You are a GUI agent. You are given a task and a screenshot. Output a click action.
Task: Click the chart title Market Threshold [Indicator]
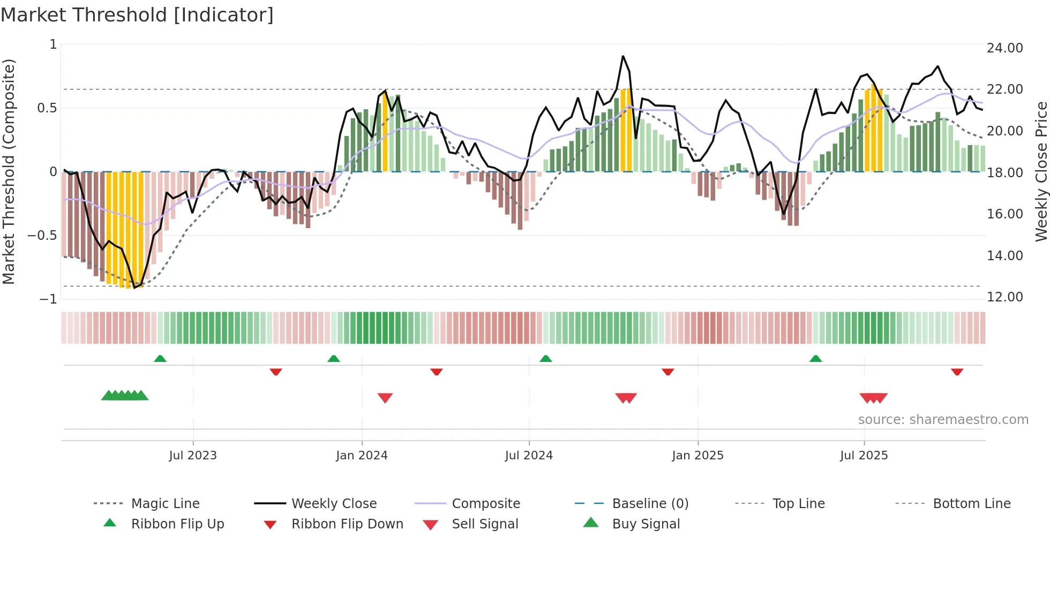coord(137,15)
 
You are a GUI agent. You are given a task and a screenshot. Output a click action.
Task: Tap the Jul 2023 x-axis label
coord(193,456)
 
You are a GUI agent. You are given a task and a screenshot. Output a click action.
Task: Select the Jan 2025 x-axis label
coord(697,456)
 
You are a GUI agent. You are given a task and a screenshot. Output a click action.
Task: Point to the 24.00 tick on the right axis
coord(1004,48)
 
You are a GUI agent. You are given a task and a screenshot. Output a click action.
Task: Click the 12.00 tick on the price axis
coord(1004,297)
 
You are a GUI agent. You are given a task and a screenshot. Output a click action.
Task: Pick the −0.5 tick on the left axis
coord(42,236)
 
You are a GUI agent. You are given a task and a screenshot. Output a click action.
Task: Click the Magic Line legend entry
coord(165,504)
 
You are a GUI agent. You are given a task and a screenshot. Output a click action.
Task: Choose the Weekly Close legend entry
coord(334,504)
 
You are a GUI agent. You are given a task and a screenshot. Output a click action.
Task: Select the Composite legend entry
coord(486,504)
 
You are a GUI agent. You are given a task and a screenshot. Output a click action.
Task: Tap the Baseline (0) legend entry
coord(650,504)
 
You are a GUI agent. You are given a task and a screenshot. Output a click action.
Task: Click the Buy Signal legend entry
coord(646,524)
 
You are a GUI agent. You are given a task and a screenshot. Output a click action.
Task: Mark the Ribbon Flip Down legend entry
coord(347,524)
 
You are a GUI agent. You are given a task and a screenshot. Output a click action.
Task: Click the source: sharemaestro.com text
coord(943,420)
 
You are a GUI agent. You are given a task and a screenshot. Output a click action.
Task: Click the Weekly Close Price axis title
coord(1041,171)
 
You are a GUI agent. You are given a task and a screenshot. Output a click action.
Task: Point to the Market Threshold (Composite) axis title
coord(9,171)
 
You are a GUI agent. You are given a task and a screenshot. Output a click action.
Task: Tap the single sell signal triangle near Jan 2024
coord(385,398)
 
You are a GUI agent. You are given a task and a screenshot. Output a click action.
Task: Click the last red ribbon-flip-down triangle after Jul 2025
coord(957,372)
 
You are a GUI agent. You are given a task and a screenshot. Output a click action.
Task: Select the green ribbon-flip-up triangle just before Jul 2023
coord(160,359)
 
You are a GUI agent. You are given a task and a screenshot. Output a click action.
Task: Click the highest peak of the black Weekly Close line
coord(622,56)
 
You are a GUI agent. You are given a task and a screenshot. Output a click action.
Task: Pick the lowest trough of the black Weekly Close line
coord(134,288)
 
